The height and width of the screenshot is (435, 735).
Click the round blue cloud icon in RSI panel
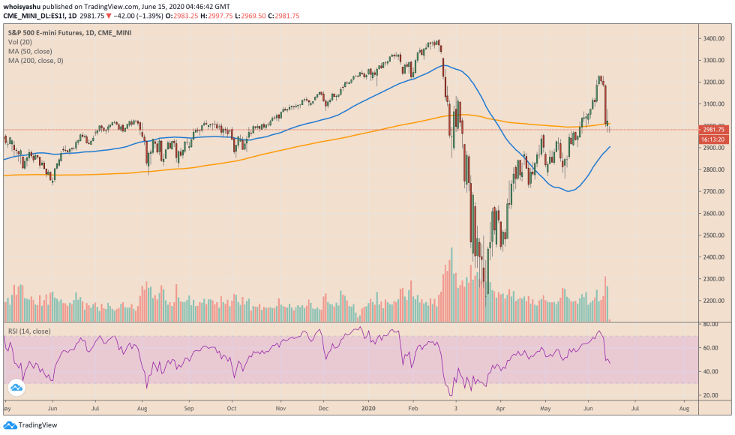click(x=16, y=388)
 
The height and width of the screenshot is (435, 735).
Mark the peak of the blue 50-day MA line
click(x=444, y=66)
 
